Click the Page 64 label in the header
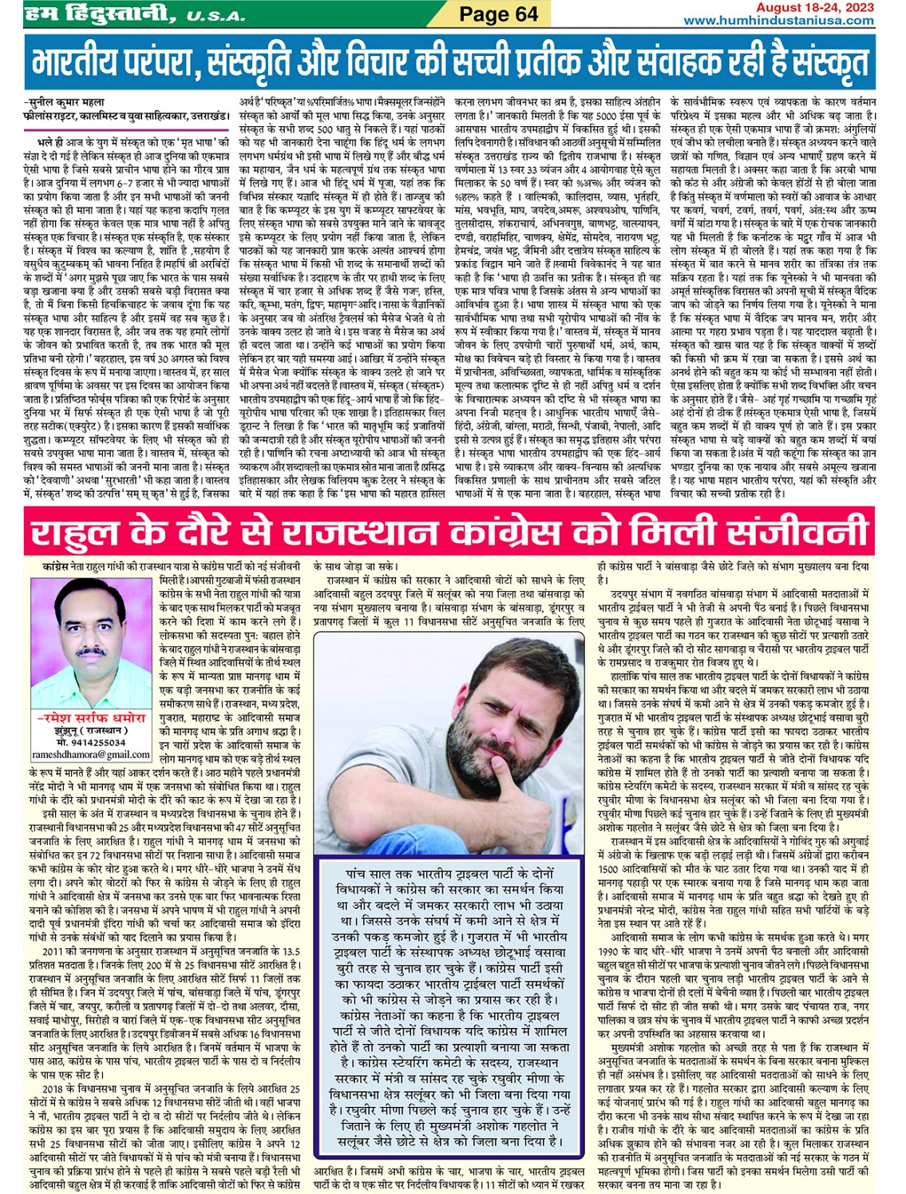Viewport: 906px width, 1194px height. click(x=500, y=14)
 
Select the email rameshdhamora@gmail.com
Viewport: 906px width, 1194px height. click(x=91, y=754)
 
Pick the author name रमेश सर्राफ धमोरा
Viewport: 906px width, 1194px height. click(x=92, y=719)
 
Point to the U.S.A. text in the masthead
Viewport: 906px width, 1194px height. click(x=217, y=15)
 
